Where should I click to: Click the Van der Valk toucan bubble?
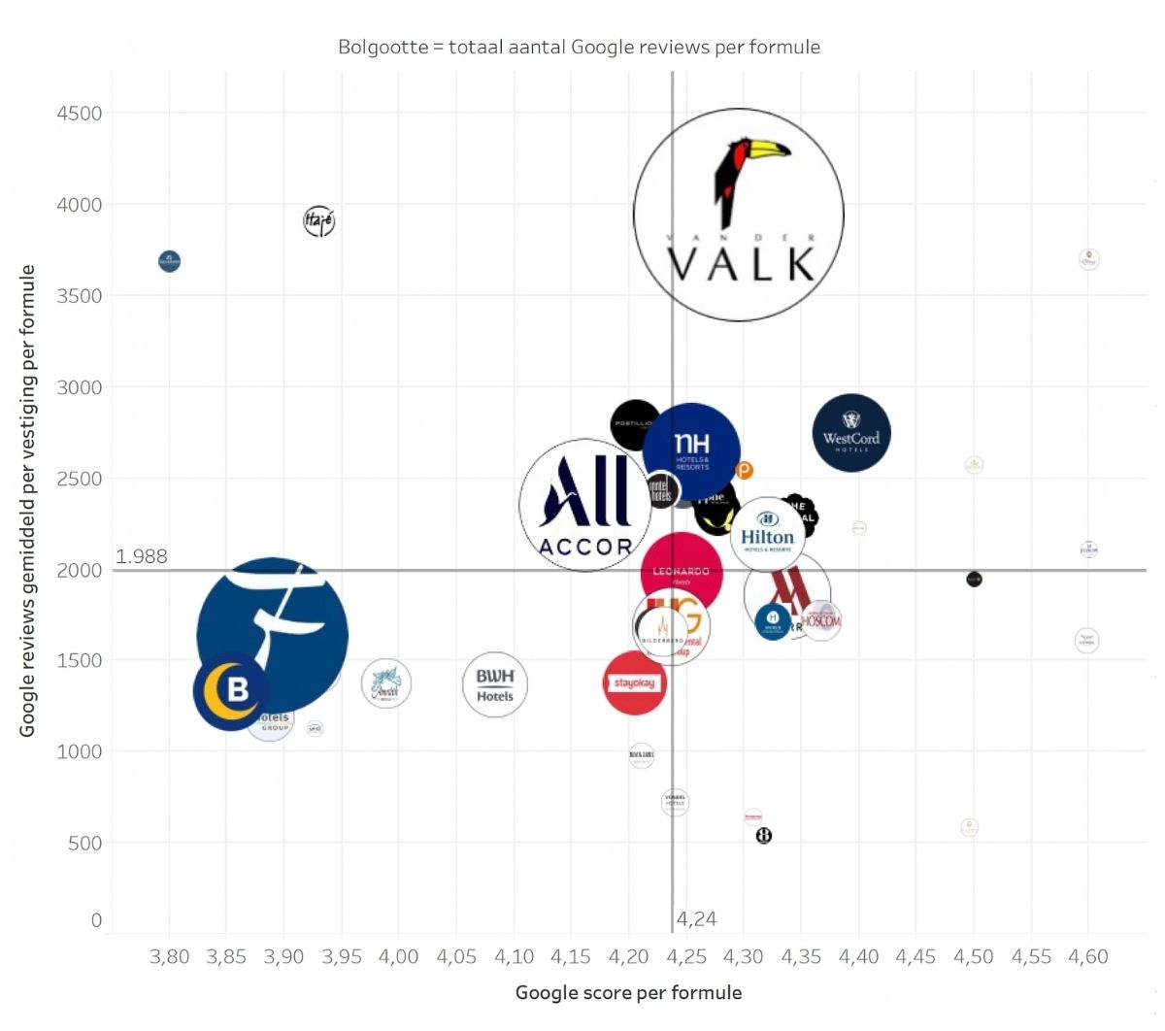(739, 215)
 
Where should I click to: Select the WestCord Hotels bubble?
(851, 433)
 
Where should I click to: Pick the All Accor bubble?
(584, 506)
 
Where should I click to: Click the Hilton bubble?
(767, 532)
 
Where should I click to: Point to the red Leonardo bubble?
(682, 572)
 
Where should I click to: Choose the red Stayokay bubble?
(634, 683)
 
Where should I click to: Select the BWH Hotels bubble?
(495, 684)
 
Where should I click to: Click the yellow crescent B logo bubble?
(232, 690)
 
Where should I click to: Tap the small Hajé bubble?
(318, 221)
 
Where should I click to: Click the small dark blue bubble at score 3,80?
(170, 261)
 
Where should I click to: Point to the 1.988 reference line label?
(142, 556)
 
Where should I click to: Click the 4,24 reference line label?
(696, 919)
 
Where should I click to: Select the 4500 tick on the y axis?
(79, 114)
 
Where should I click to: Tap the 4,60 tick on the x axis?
(1088, 956)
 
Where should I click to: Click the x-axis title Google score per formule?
(628, 992)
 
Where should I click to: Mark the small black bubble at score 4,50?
(974, 580)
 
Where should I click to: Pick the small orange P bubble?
(744, 471)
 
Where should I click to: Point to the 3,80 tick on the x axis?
(170, 956)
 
